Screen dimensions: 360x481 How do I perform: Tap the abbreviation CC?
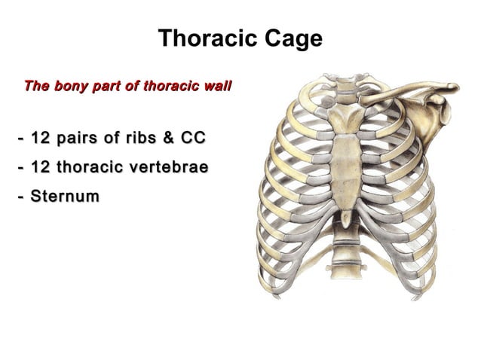[x=194, y=139]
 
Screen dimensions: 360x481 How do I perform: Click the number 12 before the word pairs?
[x=41, y=139]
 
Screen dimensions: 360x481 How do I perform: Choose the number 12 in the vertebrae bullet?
[x=41, y=167]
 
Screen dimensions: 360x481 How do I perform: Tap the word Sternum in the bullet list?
[x=65, y=197]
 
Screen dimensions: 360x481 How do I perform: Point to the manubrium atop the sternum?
[x=345, y=120]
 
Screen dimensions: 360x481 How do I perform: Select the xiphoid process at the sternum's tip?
[x=345, y=218]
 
